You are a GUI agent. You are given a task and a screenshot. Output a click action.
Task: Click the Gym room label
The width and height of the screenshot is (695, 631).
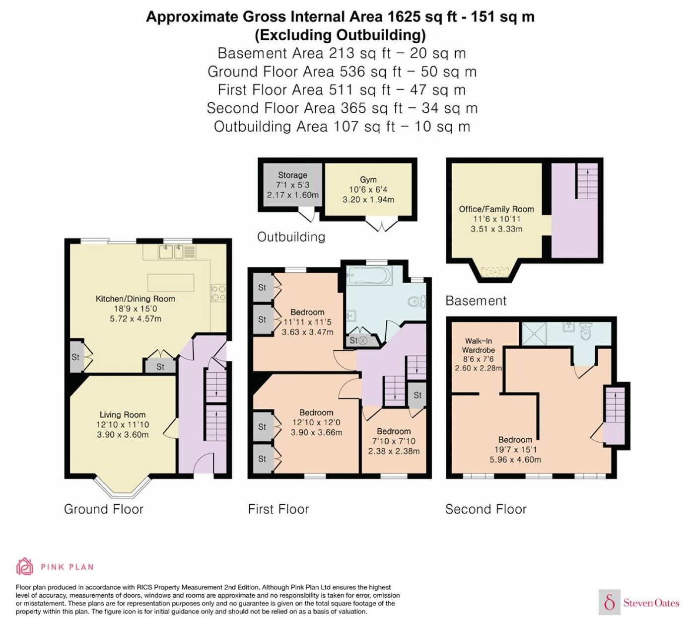(x=368, y=180)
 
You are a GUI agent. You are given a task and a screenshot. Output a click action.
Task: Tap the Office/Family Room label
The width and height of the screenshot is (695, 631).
(x=496, y=209)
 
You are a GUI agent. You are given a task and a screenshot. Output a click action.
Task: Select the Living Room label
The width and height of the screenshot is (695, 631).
(x=123, y=414)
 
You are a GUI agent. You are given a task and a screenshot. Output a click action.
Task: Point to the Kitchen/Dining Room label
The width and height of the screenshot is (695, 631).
(x=136, y=299)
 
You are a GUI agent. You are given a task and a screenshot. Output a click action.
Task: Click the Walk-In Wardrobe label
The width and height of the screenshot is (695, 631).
(x=479, y=345)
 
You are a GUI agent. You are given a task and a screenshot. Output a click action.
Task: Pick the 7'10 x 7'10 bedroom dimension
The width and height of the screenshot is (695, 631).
(x=394, y=441)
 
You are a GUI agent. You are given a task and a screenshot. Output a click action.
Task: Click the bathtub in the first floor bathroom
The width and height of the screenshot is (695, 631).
(x=369, y=275)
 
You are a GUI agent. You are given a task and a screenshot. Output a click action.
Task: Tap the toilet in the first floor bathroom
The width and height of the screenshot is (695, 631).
(x=417, y=302)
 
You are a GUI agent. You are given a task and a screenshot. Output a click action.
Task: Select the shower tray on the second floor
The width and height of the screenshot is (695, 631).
(x=535, y=334)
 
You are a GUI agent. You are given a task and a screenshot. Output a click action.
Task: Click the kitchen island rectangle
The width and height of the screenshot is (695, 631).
(x=171, y=283)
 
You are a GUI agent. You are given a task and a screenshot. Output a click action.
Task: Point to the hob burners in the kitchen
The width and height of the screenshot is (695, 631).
(x=218, y=293)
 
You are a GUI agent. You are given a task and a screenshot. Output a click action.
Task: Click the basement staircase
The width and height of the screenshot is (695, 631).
(x=587, y=181)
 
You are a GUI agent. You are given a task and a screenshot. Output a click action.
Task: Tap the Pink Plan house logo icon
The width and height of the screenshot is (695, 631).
(x=25, y=566)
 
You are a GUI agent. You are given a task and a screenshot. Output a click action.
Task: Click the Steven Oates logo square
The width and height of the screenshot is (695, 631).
(x=610, y=602)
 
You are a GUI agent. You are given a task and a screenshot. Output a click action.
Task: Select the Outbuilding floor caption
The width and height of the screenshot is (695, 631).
(x=291, y=237)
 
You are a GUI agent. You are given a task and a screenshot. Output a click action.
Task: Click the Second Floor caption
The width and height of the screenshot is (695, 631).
(x=486, y=509)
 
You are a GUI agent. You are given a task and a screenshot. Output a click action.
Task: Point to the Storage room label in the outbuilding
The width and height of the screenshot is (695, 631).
(x=293, y=175)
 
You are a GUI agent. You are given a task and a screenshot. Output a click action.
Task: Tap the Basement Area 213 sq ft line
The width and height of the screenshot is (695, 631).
(x=342, y=53)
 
